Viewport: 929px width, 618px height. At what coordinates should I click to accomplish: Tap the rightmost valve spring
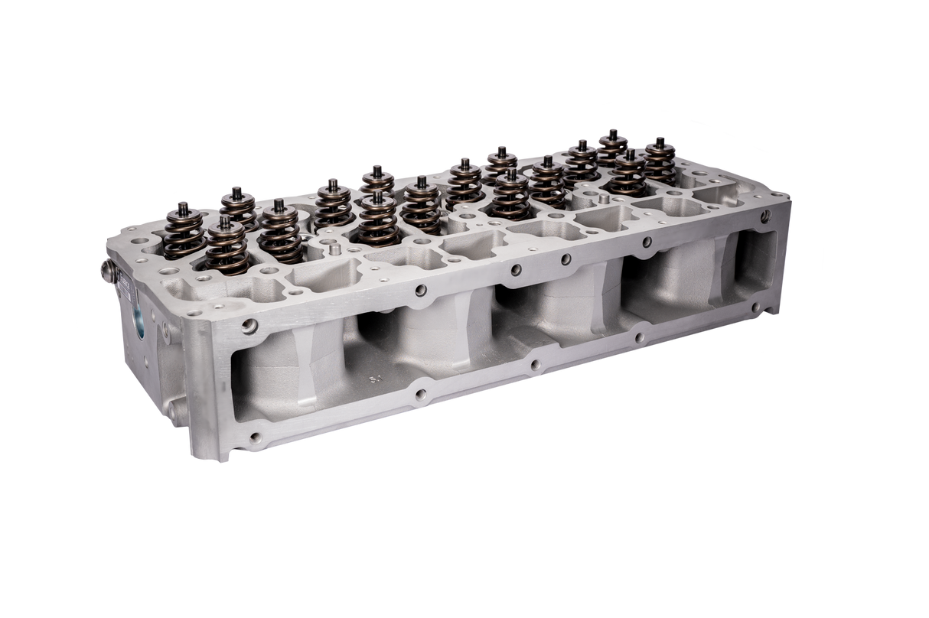click(659, 163)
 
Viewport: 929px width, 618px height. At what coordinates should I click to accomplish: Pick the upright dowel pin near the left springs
click(334, 249)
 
